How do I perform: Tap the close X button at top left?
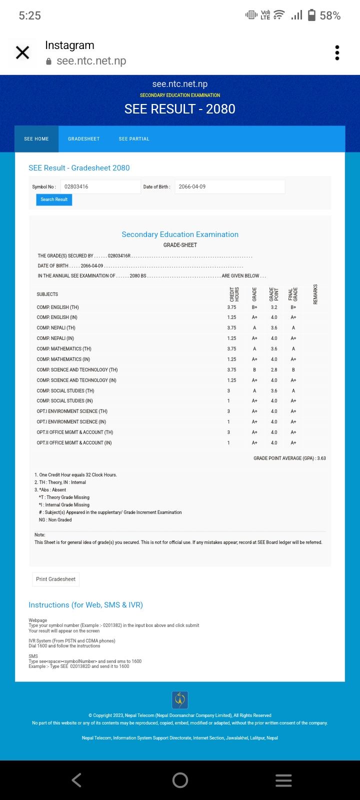click(22, 52)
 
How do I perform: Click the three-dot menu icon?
click(337, 52)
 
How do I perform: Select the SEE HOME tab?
click(36, 139)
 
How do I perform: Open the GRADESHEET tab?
click(84, 139)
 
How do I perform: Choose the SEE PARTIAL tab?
click(134, 139)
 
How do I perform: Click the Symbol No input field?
click(100, 187)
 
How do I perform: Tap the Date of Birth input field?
click(229, 187)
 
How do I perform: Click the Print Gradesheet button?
click(55, 579)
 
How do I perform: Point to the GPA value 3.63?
click(321, 458)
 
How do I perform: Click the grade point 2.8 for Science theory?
click(274, 370)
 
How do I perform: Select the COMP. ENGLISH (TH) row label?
click(57, 307)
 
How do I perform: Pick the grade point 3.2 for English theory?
click(274, 307)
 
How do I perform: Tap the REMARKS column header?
click(315, 294)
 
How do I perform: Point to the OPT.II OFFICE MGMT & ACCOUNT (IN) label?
click(74, 443)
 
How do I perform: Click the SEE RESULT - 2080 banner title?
click(179, 109)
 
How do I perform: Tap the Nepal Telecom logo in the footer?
click(180, 699)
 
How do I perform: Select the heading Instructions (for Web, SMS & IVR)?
click(85, 605)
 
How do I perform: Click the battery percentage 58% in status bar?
click(330, 16)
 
